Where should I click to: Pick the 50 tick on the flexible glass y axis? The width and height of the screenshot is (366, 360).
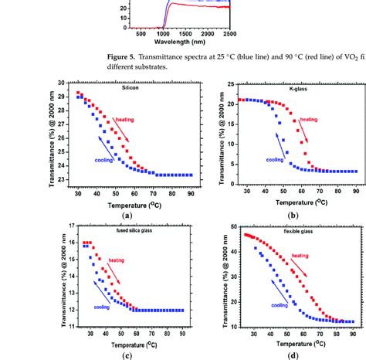[229, 228]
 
